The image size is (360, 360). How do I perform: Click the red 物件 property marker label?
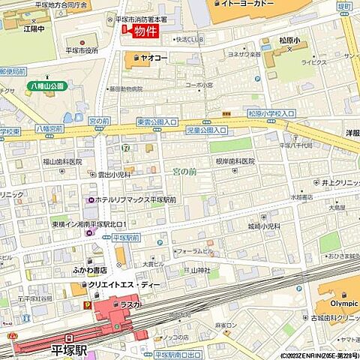pyautogui.click(x=146, y=31)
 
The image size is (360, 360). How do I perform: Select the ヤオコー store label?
pyautogui.click(x=154, y=56)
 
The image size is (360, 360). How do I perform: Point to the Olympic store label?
pyautogui.click(x=335, y=304)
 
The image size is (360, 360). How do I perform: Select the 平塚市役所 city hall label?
pyautogui.click(x=82, y=50)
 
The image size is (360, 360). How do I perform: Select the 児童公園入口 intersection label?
pyautogui.click(x=206, y=130)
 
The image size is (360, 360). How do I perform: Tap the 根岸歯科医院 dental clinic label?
pyautogui.click(x=235, y=161)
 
